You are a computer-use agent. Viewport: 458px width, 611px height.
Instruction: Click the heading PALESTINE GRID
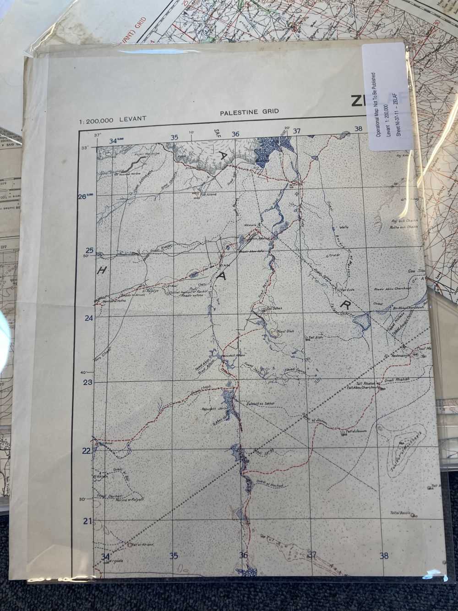(x=249, y=112)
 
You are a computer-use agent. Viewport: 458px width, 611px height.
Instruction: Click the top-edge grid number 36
(x=235, y=134)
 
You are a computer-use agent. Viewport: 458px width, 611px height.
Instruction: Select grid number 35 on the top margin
(x=174, y=137)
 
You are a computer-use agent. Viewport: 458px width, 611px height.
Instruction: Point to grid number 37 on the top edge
(x=296, y=131)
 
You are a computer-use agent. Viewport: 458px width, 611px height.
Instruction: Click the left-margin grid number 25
(x=89, y=250)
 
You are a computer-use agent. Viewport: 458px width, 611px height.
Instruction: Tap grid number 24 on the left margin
(x=89, y=318)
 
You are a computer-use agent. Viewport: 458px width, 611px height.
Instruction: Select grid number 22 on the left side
(x=87, y=451)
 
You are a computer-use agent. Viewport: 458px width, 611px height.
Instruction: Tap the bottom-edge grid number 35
(x=174, y=556)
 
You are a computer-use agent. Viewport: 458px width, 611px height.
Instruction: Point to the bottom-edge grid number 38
(x=384, y=556)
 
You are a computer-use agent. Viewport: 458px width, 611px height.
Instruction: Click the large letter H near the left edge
(x=102, y=271)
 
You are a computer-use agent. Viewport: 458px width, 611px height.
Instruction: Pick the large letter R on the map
(x=342, y=304)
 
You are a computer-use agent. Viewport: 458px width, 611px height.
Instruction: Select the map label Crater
(x=332, y=255)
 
